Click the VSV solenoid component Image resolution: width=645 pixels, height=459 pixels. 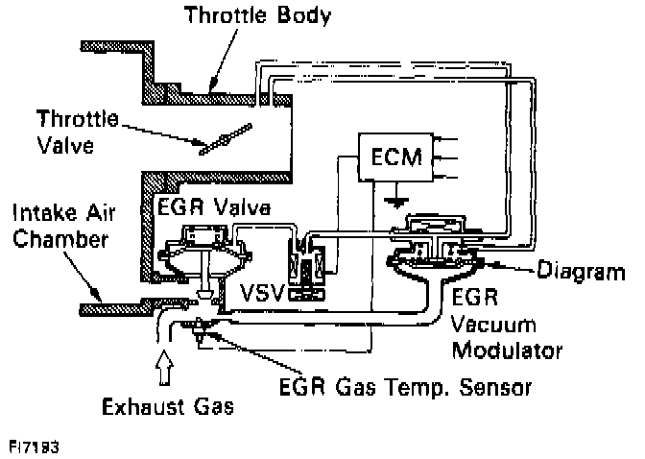(x=309, y=269)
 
